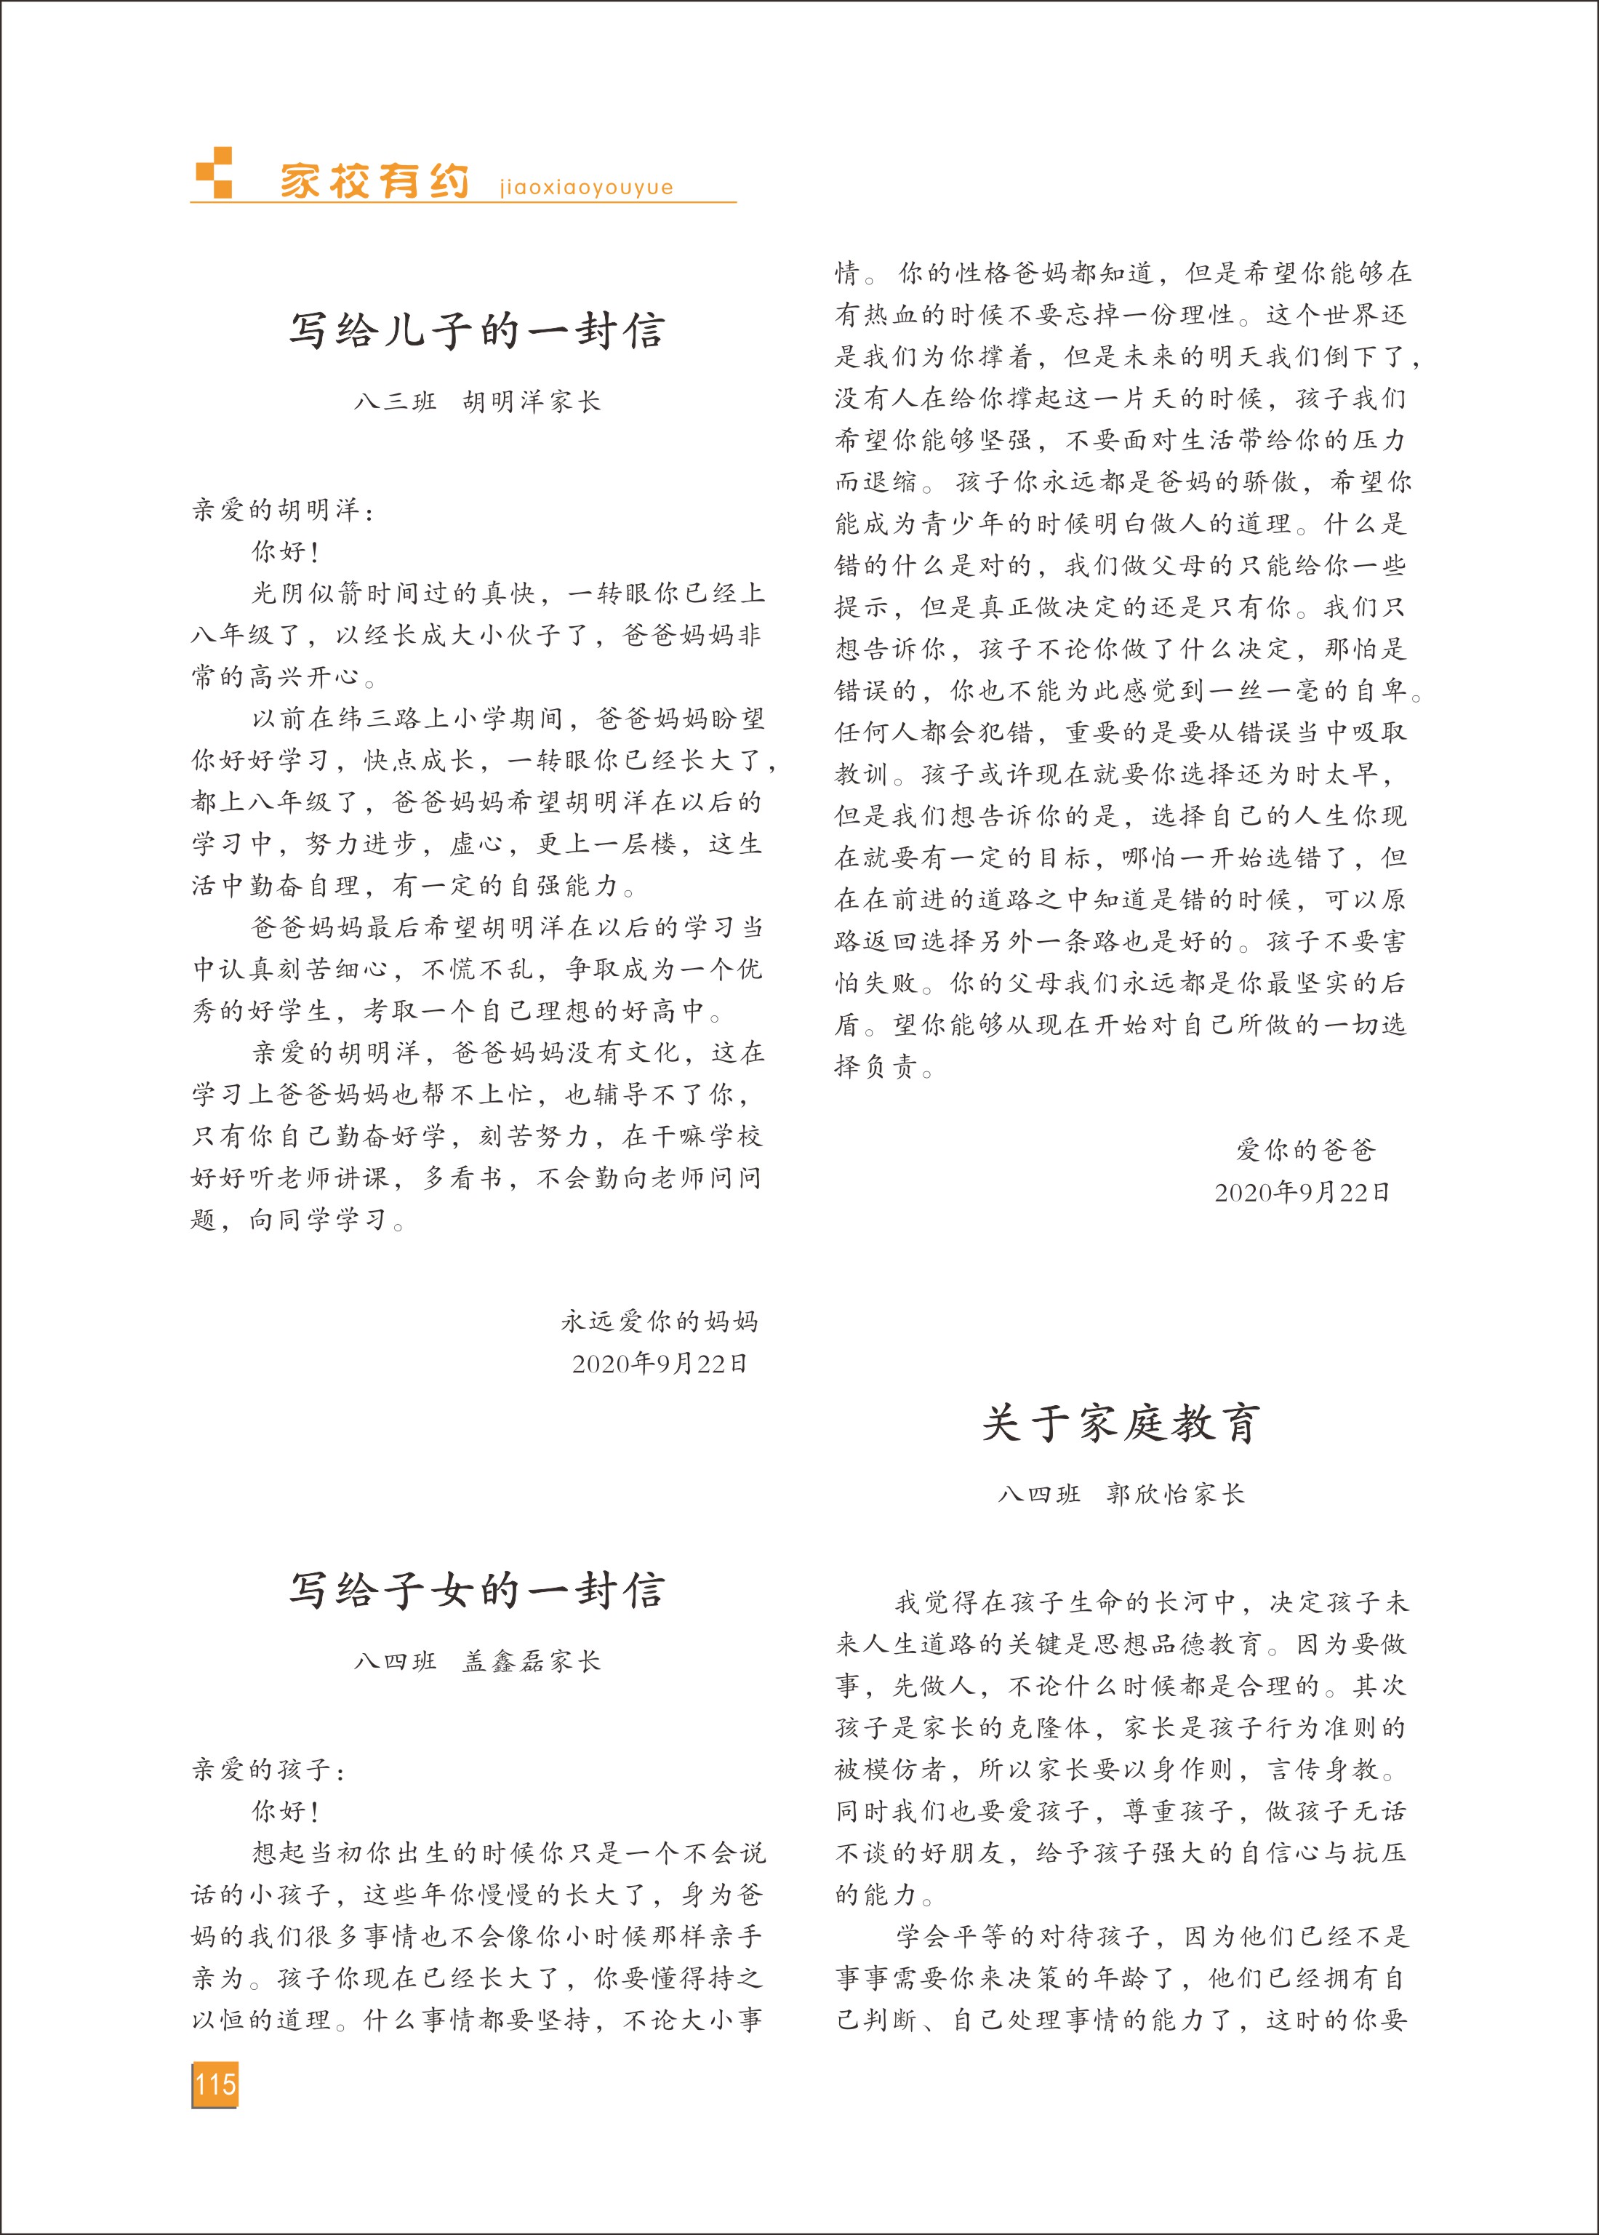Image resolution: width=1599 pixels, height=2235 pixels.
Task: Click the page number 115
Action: pos(215,2084)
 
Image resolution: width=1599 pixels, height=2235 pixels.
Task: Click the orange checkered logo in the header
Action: pos(215,173)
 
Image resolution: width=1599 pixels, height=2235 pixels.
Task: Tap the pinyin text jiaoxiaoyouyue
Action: pos(586,187)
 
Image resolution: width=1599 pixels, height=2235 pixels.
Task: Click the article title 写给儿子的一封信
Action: pos(476,331)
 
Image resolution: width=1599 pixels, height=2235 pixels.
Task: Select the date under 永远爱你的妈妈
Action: pos(660,1364)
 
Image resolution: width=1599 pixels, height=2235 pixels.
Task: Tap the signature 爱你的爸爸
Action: pos(1305,1150)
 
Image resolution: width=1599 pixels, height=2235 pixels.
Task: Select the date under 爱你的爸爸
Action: pos(1302,1192)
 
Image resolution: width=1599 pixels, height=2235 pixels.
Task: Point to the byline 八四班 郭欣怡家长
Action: pos(1121,1495)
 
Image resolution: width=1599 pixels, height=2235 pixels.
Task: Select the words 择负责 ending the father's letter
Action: pos(876,1067)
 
